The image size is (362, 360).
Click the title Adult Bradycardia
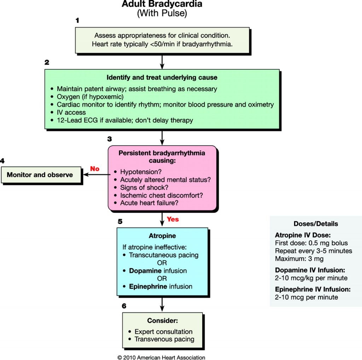[x=162, y=5]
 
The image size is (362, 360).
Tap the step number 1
[x=77, y=20]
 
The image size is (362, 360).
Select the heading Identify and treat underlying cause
[x=162, y=78]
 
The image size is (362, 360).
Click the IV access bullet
[x=71, y=113]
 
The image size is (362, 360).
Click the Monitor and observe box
[x=40, y=175]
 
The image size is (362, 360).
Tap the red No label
[x=95, y=169]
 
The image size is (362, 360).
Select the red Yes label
[x=173, y=219]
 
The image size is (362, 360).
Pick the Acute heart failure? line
[x=149, y=203]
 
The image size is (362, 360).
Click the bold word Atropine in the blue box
[x=162, y=236]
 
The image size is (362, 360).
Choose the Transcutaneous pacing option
[x=163, y=255]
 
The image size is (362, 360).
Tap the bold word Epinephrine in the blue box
[x=148, y=286]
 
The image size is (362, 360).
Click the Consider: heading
[x=162, y=321]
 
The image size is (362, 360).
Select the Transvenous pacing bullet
[x=164, y=339]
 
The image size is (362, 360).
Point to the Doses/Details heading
[x=316, y=224]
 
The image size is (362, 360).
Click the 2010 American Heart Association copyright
[x=161, y=357]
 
